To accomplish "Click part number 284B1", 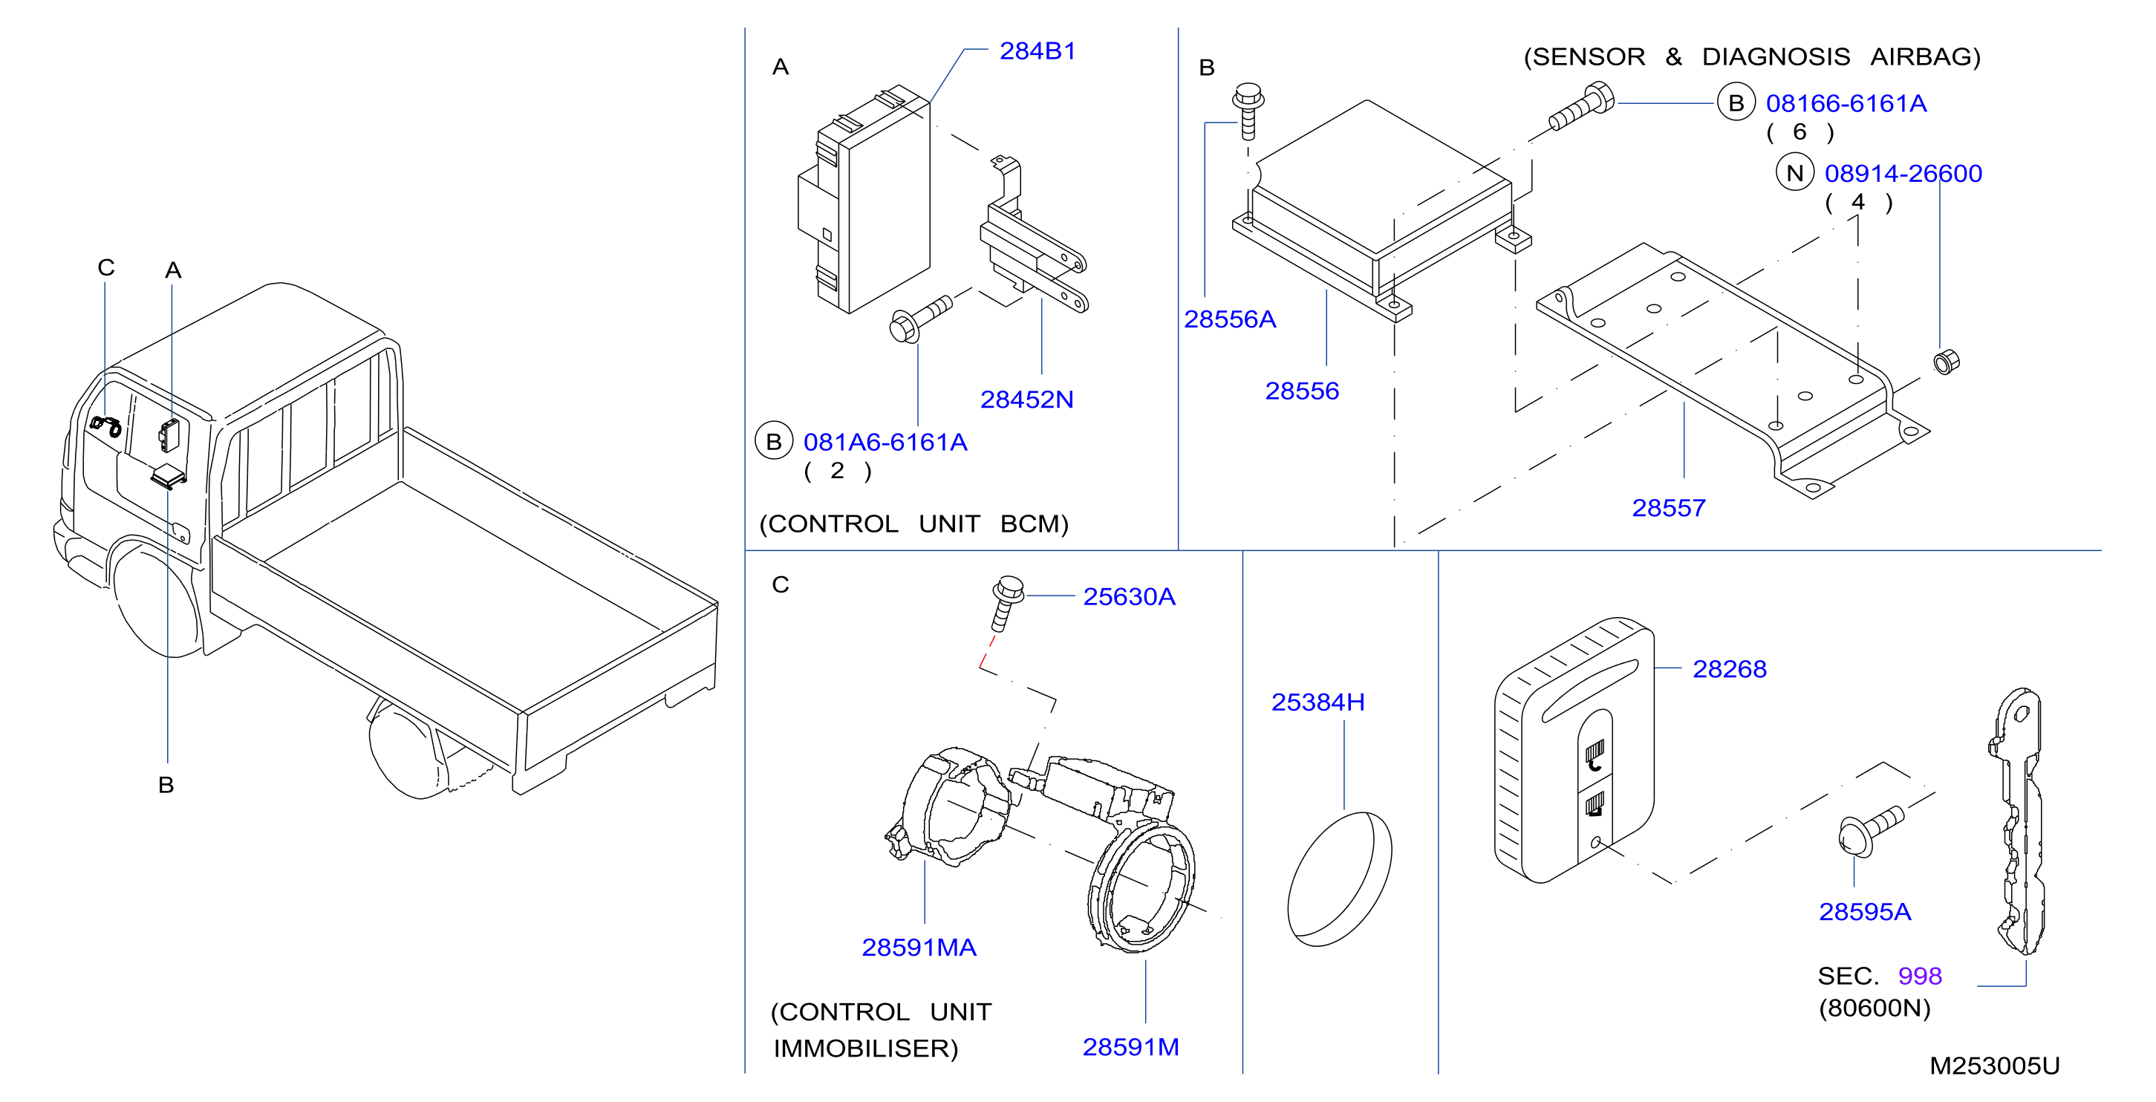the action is coord(1037,51).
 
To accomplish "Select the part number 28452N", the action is coord(1026,399).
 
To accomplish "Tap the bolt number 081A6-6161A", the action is coord(885,442).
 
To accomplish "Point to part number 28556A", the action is coord(1229,319).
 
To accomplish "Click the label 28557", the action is coord(1668,508).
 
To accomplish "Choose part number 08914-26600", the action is coord(1903,173).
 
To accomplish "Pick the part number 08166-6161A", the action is coord(1846,103).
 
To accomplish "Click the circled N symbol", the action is coord(1794,173).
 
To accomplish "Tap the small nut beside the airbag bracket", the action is coord(1946,362).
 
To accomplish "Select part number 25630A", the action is coord(1129,596).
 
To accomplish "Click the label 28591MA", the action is coord(919,948).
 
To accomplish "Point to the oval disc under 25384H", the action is coord(1339,878).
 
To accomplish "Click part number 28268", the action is coord(1729,668).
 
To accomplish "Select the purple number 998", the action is coord(1919,976).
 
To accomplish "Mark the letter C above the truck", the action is coord(105,268).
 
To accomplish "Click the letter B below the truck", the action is coord(166,785).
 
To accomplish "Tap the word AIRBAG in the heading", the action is coord(1925,57).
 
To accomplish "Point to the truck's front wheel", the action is coord(159,599).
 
